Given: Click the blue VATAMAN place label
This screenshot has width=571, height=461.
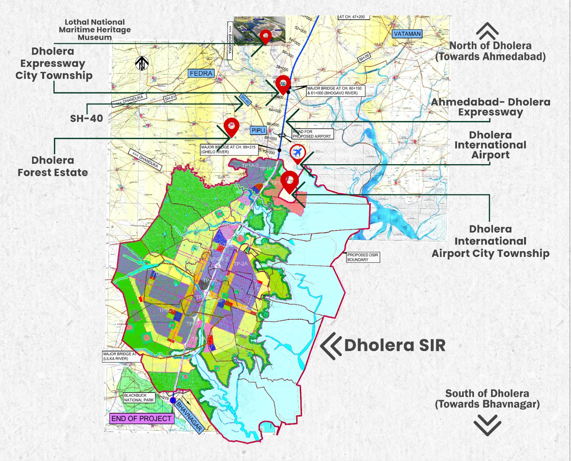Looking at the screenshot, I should (407, 34).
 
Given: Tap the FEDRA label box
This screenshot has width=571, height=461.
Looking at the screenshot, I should (201, 74).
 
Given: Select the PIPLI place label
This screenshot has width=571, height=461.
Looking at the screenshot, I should (258, 131).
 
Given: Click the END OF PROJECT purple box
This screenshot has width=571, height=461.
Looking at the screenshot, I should (141, 419).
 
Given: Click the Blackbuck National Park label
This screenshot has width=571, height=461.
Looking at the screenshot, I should (139, 398).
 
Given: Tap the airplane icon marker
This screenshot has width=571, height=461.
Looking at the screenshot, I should (297, 153).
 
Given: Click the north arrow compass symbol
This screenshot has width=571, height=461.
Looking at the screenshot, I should (142, 64).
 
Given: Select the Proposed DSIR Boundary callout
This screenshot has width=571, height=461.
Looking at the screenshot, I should (363, 257).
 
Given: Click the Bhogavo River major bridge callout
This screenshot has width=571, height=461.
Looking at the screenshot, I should (335, 91).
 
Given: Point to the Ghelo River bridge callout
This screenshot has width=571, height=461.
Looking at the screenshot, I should (229, 150).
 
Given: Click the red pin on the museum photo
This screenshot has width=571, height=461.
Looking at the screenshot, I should (265, 36).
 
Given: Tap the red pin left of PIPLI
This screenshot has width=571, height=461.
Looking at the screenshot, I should (231, 126).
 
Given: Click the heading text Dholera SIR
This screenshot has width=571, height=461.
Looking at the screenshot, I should (395, 345).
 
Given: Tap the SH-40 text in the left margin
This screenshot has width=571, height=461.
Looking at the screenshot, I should (86, 118).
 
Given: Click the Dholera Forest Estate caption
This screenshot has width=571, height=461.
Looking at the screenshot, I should (53, 166).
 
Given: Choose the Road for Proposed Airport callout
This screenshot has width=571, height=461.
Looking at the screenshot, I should (312, 134).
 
